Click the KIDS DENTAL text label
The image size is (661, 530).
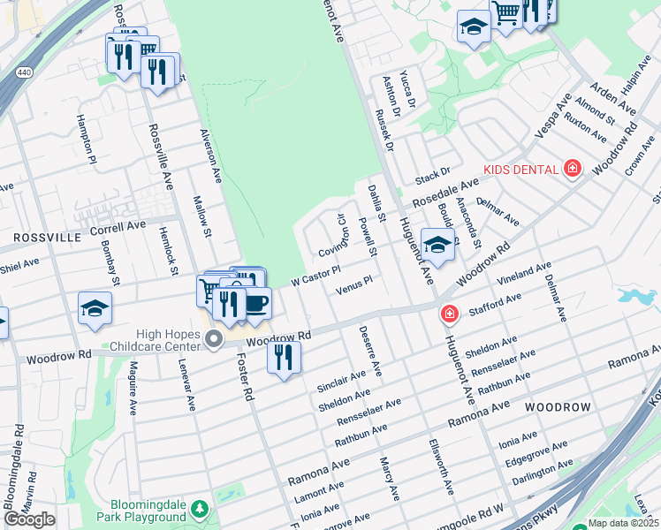(x=520, y=169)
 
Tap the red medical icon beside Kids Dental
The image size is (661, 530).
(x=573, y=168)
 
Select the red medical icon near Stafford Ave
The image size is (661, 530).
(x=450, y=314)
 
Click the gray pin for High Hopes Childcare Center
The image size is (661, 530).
(x=213, y=339)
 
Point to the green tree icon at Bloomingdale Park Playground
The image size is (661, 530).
(x=201, y=509)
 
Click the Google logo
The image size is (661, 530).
(x=29, y=519)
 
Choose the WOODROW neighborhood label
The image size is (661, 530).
(x=557, y=406)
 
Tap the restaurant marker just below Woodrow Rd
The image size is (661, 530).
(x=284, y=357)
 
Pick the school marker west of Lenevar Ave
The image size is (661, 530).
(x=95, y=309)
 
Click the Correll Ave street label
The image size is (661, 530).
(x=118, y=226)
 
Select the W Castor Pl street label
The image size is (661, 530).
(x=315, y=276)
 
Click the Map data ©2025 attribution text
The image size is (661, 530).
(x=624, y=523)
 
